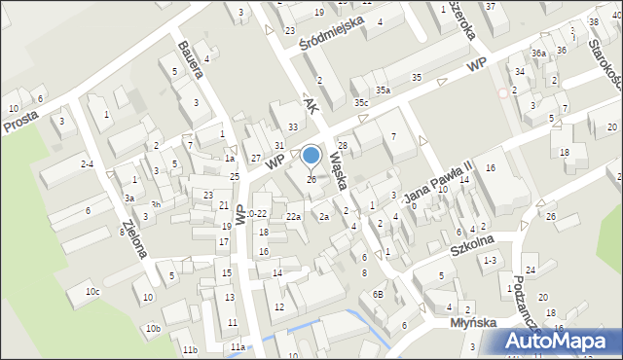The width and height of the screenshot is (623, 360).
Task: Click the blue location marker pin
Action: click(x=311, y=156)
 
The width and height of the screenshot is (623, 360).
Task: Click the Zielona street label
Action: click(x=134, y=238)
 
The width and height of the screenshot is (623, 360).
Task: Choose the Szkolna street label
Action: click(x=473, y=244)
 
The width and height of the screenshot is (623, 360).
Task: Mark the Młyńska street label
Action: click(x=474, y=322)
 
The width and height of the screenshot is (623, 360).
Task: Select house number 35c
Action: click(x=362, y=101)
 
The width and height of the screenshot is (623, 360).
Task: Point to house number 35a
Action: click(x=385, y=90)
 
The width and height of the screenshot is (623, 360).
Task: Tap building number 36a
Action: click(x=538, y=53)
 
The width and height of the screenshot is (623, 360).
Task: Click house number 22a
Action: click(x=293, y=216)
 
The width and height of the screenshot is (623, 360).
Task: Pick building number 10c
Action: click(x=92, y=291)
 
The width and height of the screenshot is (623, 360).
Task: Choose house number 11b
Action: click(x=190, y=348)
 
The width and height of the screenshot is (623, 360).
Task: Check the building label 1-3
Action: click(x=491, y=260)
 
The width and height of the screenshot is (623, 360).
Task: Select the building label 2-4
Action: click(x=87, y=164)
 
